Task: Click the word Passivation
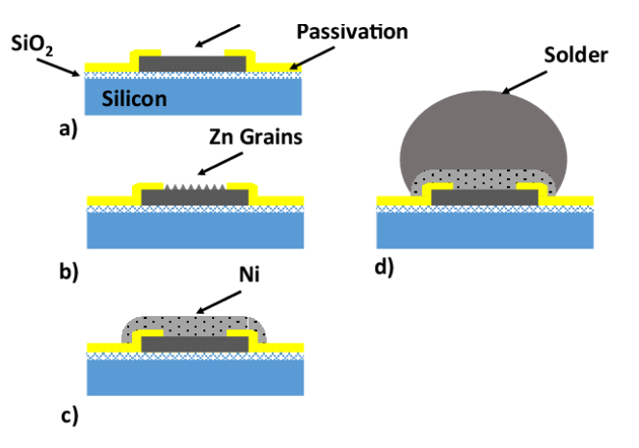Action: click(352, 32)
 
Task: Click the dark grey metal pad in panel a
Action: click(193, 65)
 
